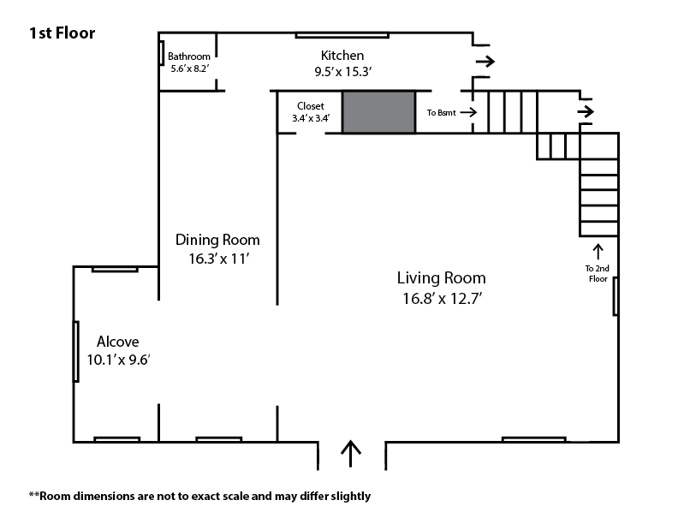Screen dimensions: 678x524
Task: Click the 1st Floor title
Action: [62, 33]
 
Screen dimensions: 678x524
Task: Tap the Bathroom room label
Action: [189, 57]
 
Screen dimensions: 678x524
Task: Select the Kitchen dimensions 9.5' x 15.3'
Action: [343, 72]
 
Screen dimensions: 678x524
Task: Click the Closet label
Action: [311, 106]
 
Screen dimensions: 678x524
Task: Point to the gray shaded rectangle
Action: [378, 112]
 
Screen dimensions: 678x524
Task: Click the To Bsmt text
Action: [441, 113]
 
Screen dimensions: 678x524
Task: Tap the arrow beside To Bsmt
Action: [469, 112]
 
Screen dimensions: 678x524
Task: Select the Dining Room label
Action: [217, 240]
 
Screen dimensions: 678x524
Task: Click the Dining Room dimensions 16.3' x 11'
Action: [219, 259]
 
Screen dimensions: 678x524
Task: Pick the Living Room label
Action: [442, 278]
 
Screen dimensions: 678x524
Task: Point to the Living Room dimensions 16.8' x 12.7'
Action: [443, 299]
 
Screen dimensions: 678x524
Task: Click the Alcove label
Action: [117, 342]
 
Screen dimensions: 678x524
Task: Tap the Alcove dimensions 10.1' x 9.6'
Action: [118, 360]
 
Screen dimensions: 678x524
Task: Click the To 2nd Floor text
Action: [598, 274]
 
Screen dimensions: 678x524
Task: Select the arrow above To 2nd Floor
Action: [598, 252]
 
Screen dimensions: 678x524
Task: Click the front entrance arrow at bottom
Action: [351, 454]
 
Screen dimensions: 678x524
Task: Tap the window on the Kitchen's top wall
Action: [342, 35]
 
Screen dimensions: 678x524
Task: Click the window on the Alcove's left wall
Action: [76, 352]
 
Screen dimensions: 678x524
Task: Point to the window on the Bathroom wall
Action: [161, 53]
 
